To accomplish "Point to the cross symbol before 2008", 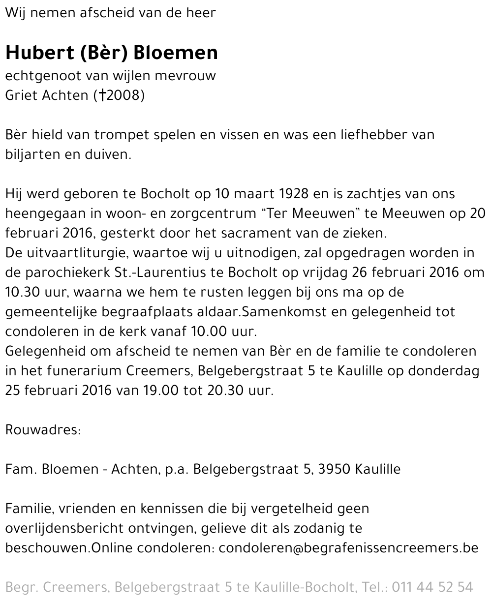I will [102, 95].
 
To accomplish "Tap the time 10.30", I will [20, 292].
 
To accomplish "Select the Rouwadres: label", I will [43, 430].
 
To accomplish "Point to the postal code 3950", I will [334, 469].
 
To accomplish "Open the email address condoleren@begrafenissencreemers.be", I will [348, 548].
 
